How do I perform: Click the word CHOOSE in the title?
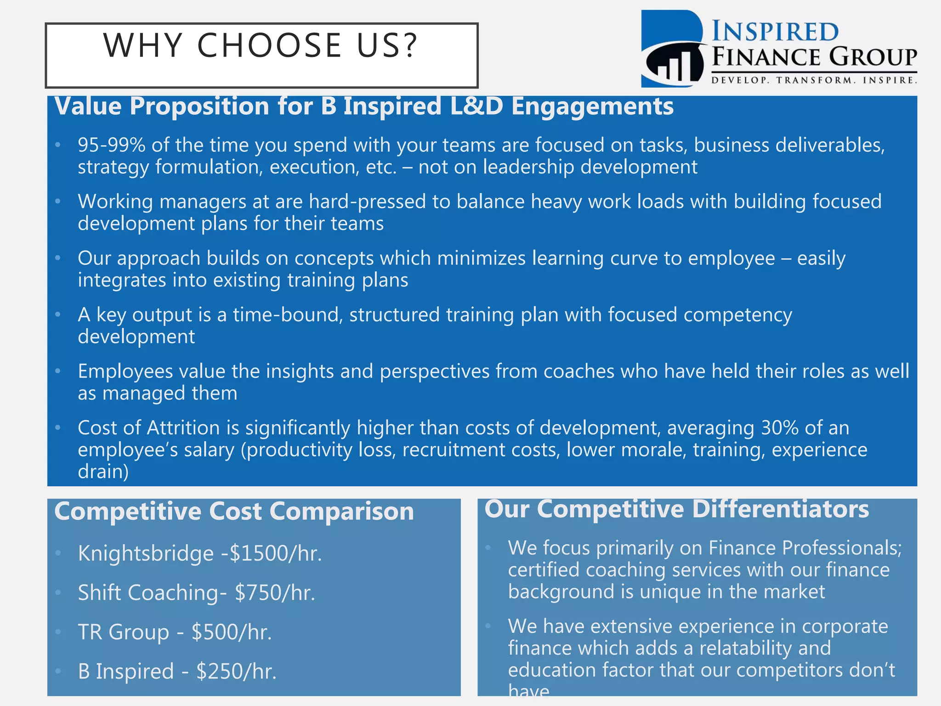click(269, 46)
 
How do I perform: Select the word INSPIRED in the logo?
click(775, 32)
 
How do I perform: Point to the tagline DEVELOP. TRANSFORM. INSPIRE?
click(814, 80)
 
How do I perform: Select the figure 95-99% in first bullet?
click(112, 145)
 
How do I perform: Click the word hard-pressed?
click(367, 202)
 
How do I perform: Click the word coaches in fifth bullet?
click(578, 371)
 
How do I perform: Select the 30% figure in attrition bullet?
click(779, 428)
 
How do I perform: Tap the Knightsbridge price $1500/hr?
click(275, 553)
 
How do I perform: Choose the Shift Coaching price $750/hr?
click(275, 593)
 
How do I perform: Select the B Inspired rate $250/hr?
click(236, 672)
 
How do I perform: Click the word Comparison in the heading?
click(341, 512)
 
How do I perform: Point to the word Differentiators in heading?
click(780, 509)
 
